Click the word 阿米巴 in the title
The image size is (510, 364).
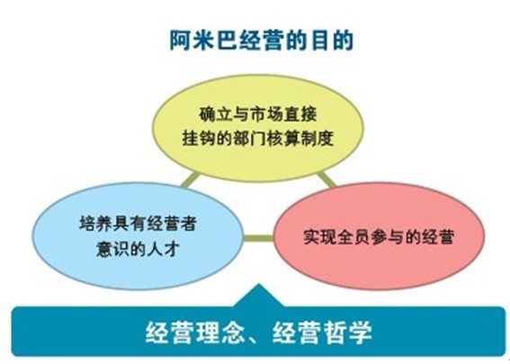pyautogui.click(x=200, y=39)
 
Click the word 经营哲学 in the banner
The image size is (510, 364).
pyautogui.click(x=323, y=332)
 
